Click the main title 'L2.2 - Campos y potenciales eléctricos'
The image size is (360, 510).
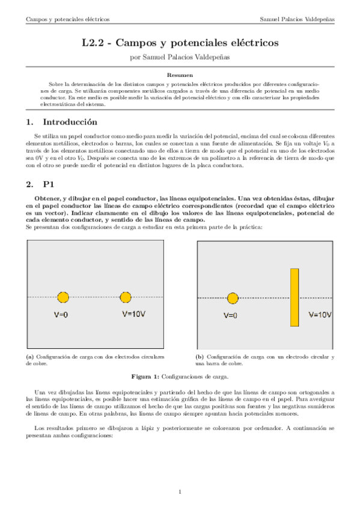point(180,43)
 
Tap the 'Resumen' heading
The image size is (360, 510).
point(180,76)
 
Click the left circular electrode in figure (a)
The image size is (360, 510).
point(63,297)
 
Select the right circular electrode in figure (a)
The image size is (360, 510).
point(126,297)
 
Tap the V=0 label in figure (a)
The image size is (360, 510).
point(63,314)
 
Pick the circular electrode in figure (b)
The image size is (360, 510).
point(233,298)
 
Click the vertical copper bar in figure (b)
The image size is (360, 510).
point(294,297)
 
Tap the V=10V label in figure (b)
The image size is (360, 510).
point(319,314)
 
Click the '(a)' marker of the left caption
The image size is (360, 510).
point(30,357)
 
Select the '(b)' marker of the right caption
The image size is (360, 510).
point(200,357)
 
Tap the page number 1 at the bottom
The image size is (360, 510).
point(180,493)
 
